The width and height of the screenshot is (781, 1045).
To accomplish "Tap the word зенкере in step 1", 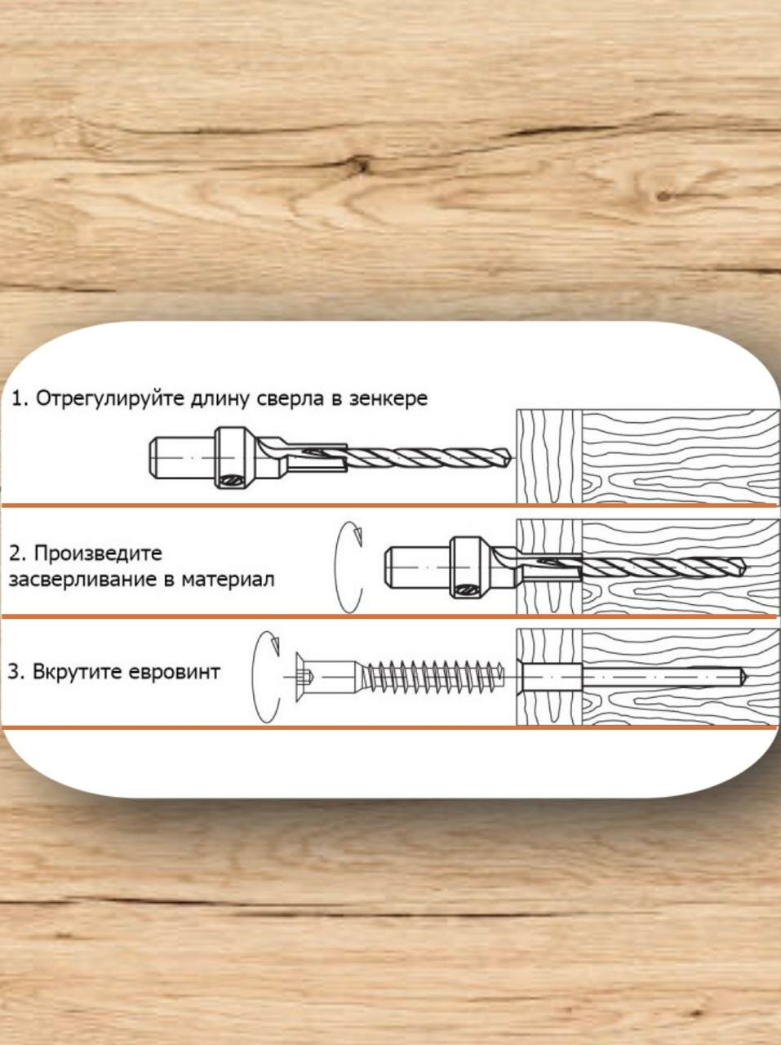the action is (388, 399).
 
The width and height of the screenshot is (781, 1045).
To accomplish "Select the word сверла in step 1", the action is (288, 399).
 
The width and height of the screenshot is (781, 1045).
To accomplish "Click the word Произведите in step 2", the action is (98, 553).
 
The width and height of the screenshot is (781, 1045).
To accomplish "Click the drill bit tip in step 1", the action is (509, 458).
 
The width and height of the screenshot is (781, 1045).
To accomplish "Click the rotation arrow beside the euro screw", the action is (268, 676).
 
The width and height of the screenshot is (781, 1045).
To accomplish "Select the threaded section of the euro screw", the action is (433, 676).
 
